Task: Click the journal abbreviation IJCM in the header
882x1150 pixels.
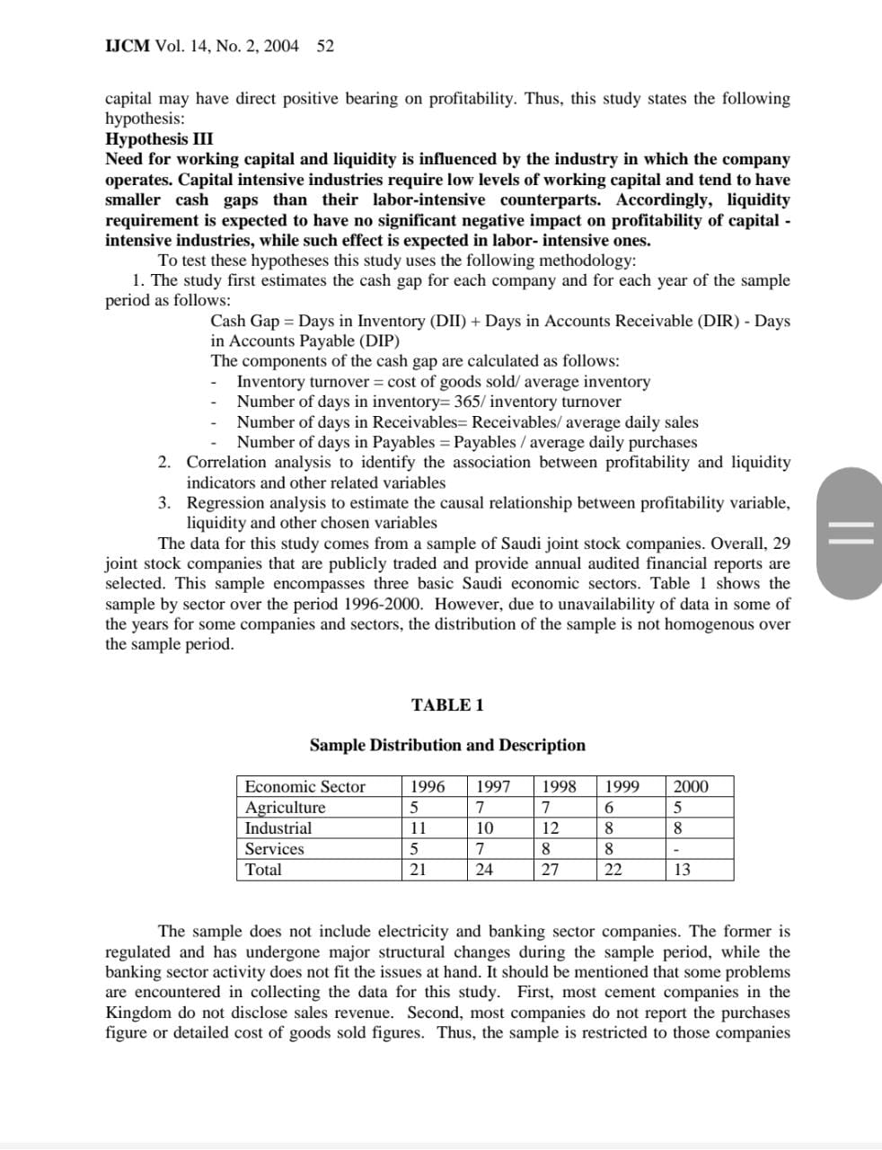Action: point(128,46)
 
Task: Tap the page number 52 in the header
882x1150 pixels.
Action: point(325,46)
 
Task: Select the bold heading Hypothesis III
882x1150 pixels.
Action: point(159,139)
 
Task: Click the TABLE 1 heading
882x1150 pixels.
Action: point(447,705)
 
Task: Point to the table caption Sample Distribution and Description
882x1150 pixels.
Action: point(447,745)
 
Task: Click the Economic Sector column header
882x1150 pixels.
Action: point(305,787)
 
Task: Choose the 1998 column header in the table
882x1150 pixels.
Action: point(560,787)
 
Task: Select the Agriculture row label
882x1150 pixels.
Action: point(286,808)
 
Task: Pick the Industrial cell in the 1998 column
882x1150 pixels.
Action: point(551,828)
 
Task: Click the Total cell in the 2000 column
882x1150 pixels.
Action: point(682,870)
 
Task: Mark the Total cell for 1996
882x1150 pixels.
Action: point(418,870)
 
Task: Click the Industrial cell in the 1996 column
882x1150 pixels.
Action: point(418,828)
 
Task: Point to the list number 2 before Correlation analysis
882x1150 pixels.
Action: point(164,463)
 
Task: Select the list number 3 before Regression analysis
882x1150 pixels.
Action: point(164,503)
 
